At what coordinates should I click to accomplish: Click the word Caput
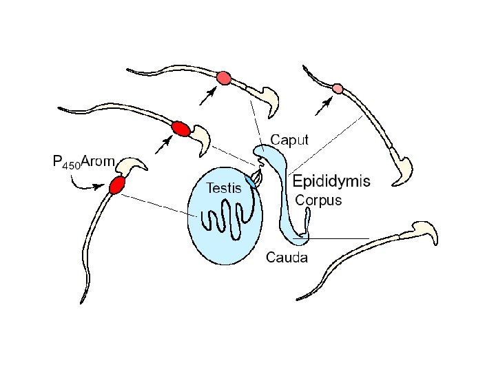point(289,140)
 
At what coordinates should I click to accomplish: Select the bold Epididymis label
point(331,182)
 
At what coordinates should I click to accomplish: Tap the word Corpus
point(318,200)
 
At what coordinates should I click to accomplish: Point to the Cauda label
point(287,258)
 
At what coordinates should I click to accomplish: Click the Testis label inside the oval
point(225,187)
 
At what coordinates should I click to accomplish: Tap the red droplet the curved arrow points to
point(116,185)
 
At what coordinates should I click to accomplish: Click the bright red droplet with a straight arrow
point(180,128)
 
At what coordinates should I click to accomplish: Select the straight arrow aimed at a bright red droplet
point(165,144)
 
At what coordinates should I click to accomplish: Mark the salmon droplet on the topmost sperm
point(223,78)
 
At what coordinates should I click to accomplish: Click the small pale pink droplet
point(337,88)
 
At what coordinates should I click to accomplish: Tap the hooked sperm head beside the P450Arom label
point(132,165)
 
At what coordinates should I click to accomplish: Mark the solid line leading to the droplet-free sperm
point(338,238)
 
